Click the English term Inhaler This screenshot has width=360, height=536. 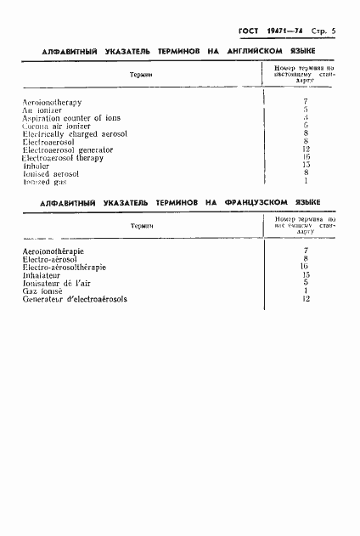pyautogui.click(x=37, y=166)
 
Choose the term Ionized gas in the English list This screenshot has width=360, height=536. pyautogui.click(x=45, y=182)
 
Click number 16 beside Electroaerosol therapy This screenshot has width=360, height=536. pyautogui.click(x=305, y=157)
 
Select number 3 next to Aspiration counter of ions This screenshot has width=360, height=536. pyautogui.click(x=305, y=117)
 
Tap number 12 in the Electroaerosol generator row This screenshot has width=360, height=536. pyautogui.click(x=305, y=150)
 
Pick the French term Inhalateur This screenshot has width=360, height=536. pyautogui.click(x=42, y=275)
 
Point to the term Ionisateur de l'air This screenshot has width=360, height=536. pyautogui.click(x=58, y=283)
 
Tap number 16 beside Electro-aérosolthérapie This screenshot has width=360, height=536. pyautogui.click(x=305, y=267)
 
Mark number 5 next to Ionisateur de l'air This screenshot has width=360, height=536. pyautogui.click(x=305, y=283)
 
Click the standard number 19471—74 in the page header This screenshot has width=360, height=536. pyautogui.click(x=282, y=31)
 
